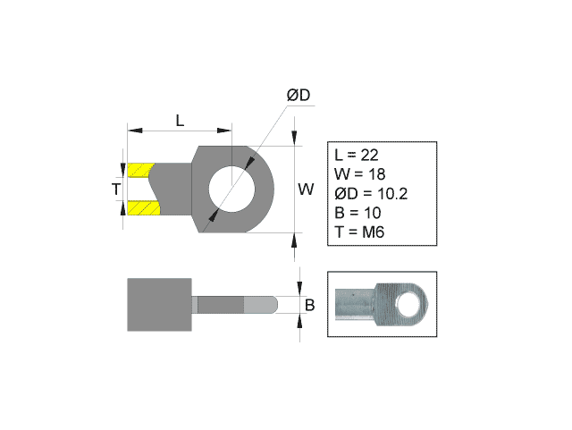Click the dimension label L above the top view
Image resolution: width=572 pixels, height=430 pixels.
180,120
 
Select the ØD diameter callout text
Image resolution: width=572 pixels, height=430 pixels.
298,95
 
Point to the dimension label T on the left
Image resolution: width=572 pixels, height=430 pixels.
115,190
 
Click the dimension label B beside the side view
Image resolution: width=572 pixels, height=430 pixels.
309,305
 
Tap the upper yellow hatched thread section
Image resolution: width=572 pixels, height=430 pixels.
141,170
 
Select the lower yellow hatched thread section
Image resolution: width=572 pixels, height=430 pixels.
142,209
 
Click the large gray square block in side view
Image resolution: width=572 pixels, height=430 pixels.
160,305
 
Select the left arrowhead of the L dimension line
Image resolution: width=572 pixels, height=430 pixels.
132,131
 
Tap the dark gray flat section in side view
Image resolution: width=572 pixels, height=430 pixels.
219,305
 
